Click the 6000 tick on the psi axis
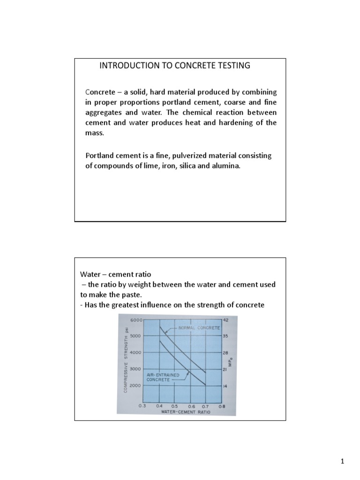136,320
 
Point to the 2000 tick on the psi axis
136,385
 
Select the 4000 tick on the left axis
136,352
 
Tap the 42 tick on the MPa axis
225,320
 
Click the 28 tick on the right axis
225,352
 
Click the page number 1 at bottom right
343,462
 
